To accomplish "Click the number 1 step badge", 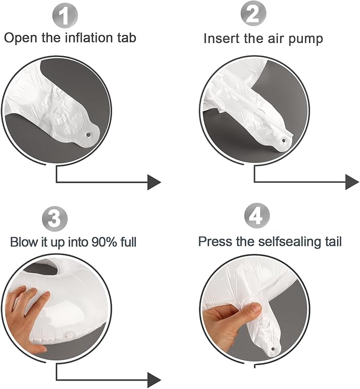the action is click(x=65, y=16).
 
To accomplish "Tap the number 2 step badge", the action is click(x=253, y=13).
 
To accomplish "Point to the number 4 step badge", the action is click(x=257, y=216).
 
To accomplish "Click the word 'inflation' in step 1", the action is click(x=89, y=38).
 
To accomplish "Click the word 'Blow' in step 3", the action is click(x=23, y=242).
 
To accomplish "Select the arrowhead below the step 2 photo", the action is click(x=352, y=182).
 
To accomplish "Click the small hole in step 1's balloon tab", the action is click(x=89, y=135).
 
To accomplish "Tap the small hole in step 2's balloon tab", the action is click(x=284, y=140).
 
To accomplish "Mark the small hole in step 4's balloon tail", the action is click(x=274, y=349).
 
